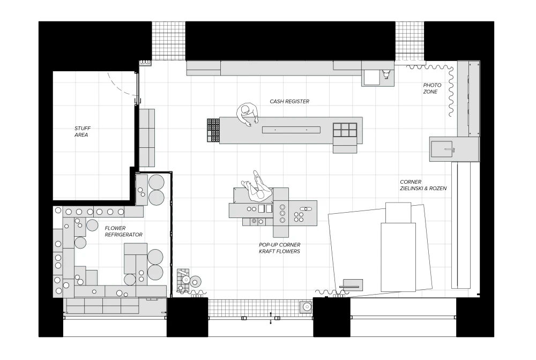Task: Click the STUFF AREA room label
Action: (x=83, y=131)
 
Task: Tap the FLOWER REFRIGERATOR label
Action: (x=123, y=231)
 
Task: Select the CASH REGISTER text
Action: (x=289, y=101)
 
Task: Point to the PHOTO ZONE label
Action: (x=432, y=88)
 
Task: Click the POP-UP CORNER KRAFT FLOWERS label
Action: (x=280, y=248)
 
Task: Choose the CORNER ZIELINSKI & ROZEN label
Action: (x=423, y=185)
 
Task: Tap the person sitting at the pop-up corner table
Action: (x=257, y=187)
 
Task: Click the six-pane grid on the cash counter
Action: (x=345, y=130)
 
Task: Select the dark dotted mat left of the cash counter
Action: (x=213, y=130)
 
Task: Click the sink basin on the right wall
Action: (x=442, y=149)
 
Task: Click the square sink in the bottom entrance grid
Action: (x=306, y=307)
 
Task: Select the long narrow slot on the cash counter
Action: (x=291, y=130)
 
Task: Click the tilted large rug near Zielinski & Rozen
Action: (x=380, y=249)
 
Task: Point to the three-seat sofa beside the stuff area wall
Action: (x=147, y=138)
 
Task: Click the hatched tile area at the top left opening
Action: (x=168, y=41)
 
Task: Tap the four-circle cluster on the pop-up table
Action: (x=299, y=217)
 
